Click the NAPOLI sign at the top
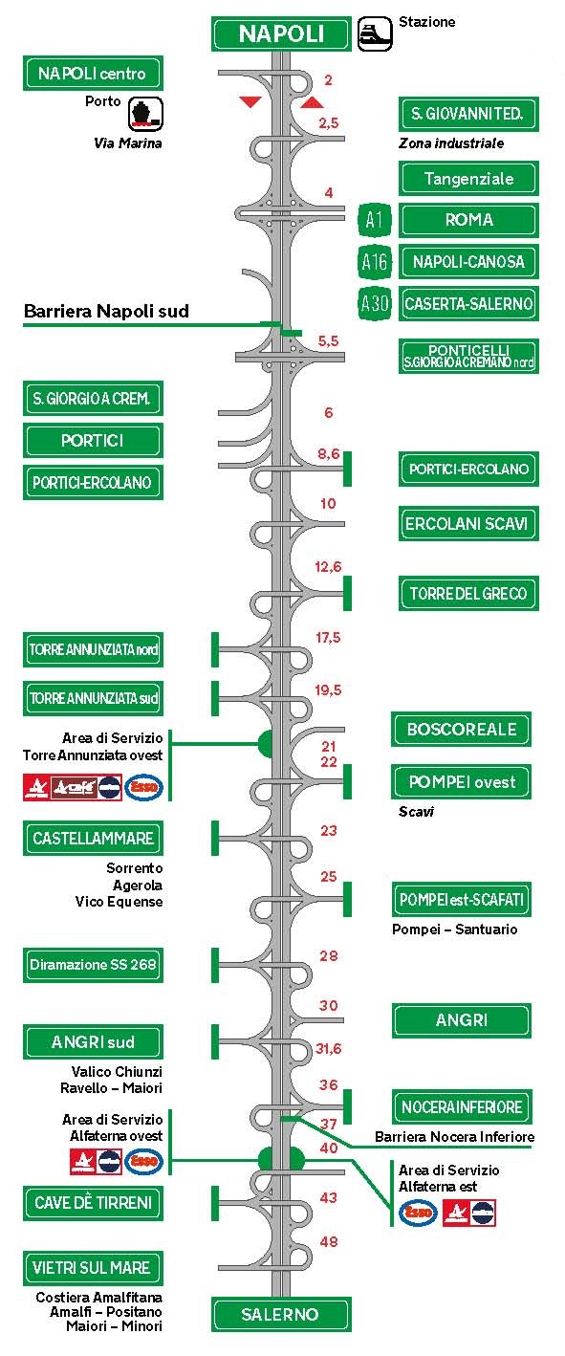tap(281, 33)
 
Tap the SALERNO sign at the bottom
tap(281, 1314)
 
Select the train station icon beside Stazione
tap(375, 33)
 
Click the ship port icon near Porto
tap(145, 113)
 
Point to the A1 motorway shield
tap(375, 220)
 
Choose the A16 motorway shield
tap(375, 261)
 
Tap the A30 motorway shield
tap(375, 303)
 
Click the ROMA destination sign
tap(468, 220)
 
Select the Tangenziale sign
tap(468, 179)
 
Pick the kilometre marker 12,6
tap(328, 567)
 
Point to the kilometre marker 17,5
tap(328, 638)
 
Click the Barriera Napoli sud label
tap(106, 311)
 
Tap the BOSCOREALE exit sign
tap(461, 730)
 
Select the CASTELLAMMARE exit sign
tap(93, 839)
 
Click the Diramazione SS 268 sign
tap(93, 965)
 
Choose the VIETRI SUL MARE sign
tap(93, 1268)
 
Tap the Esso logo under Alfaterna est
tap(418, 1213)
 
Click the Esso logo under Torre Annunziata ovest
tap(144, 788)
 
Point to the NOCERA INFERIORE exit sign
tap(462, 1107)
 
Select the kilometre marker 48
tap(329, 1241)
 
